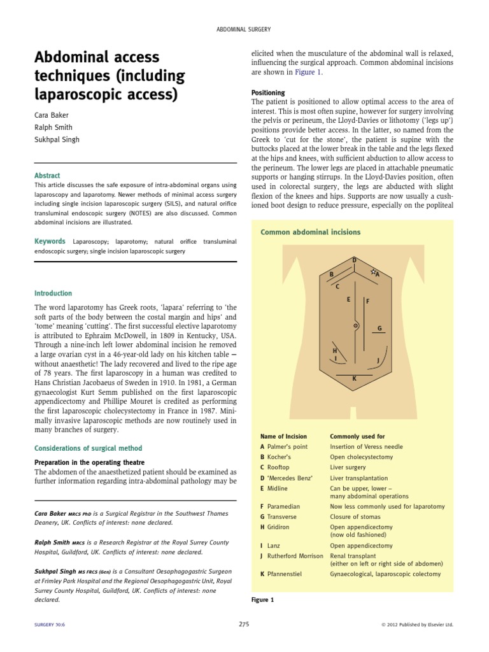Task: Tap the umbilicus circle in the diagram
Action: [355, 327]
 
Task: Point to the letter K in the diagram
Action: [355, 378]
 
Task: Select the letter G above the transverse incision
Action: [379, 329]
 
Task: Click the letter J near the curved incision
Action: [378, 360]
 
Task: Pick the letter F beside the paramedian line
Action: [367, 301]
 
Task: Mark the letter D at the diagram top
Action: [355, 260]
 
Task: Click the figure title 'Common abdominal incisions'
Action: [310, 232]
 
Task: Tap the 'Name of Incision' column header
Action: [283, 436]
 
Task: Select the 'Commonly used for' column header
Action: [357, 436]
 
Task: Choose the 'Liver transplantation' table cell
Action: [359, 478]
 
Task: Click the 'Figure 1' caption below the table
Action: [263, 600]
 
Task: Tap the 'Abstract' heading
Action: [47, 175]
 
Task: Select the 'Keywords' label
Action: [50, 241]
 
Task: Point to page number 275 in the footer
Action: [244, 625]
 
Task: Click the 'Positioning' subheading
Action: [269, 92]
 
